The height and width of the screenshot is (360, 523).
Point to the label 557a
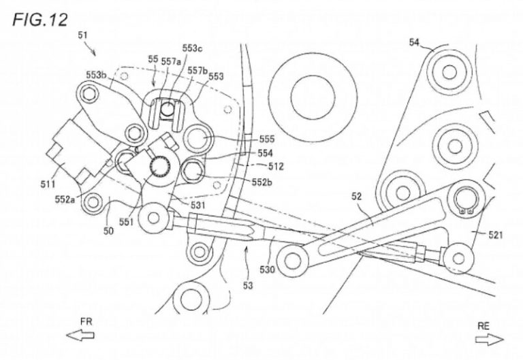tap(171, 61)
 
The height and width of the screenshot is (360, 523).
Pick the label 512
tap(256, 165)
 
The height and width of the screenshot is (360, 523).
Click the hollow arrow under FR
tap(79, 335)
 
